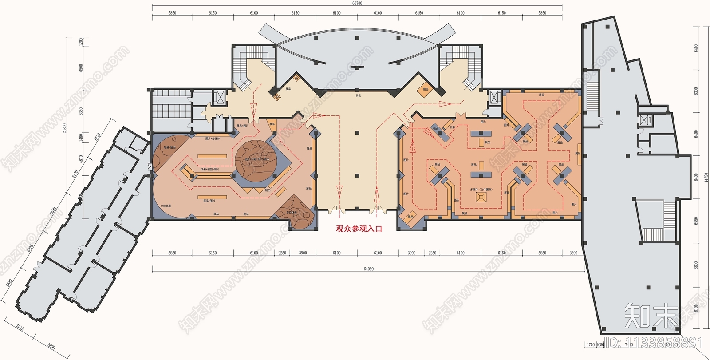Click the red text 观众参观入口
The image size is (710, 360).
pyautogui.click(x=359, y=229)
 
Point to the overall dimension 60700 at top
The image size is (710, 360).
pyautogui.click(x=357, y=3)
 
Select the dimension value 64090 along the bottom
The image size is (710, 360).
pyautogui.click(x=368, y=269)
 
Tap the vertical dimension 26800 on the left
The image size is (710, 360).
pyautogui.click(x=65, y=128)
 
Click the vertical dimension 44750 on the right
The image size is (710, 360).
pyautogui.click(x=706, y=178)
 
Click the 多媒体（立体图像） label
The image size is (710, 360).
pyautogui.click(x=481, y=190)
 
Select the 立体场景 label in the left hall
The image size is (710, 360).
pyautogui.click(x=166, y=206)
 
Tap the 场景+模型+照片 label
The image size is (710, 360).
pyautogui.click(x=210, y=169)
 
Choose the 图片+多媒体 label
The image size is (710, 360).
pyautogui.click(x=213, y=138)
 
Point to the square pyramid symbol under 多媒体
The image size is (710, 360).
pyautogui.click(x=481, y=198)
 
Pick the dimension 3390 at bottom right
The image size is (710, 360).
pyautogui.click(x=573, y=253)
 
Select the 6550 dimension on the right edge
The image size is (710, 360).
pyautogui.click(x=696, y=221)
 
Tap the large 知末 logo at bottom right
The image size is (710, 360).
pyautogui.click(x=651, y=316)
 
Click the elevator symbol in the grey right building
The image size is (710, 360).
pyautogui.click(x=644, y=119)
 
